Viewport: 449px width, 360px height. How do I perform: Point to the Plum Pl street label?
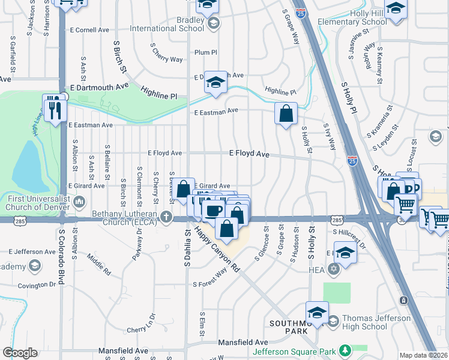(205, 52)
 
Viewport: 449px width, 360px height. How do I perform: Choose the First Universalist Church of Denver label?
(36, 203)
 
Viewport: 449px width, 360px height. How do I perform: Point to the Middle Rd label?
(99, 263)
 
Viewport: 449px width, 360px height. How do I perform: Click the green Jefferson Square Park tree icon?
(345, 350)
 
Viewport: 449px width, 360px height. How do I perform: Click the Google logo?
(20, 353)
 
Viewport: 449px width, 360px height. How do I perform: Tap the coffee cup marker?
(213, 210)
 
